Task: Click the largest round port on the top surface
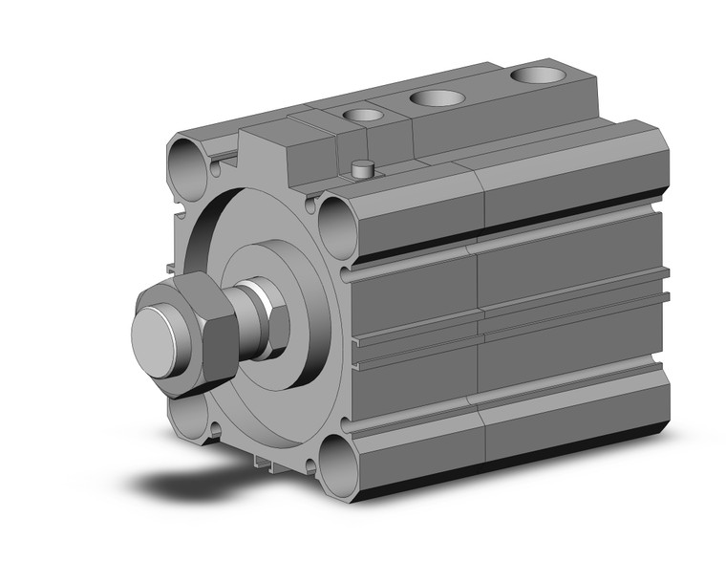point(538,75)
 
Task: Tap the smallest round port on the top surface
point(361,115)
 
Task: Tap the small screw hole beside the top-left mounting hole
point(217,172)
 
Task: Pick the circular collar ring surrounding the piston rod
point(287,306)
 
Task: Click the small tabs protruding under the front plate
point(265,464)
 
